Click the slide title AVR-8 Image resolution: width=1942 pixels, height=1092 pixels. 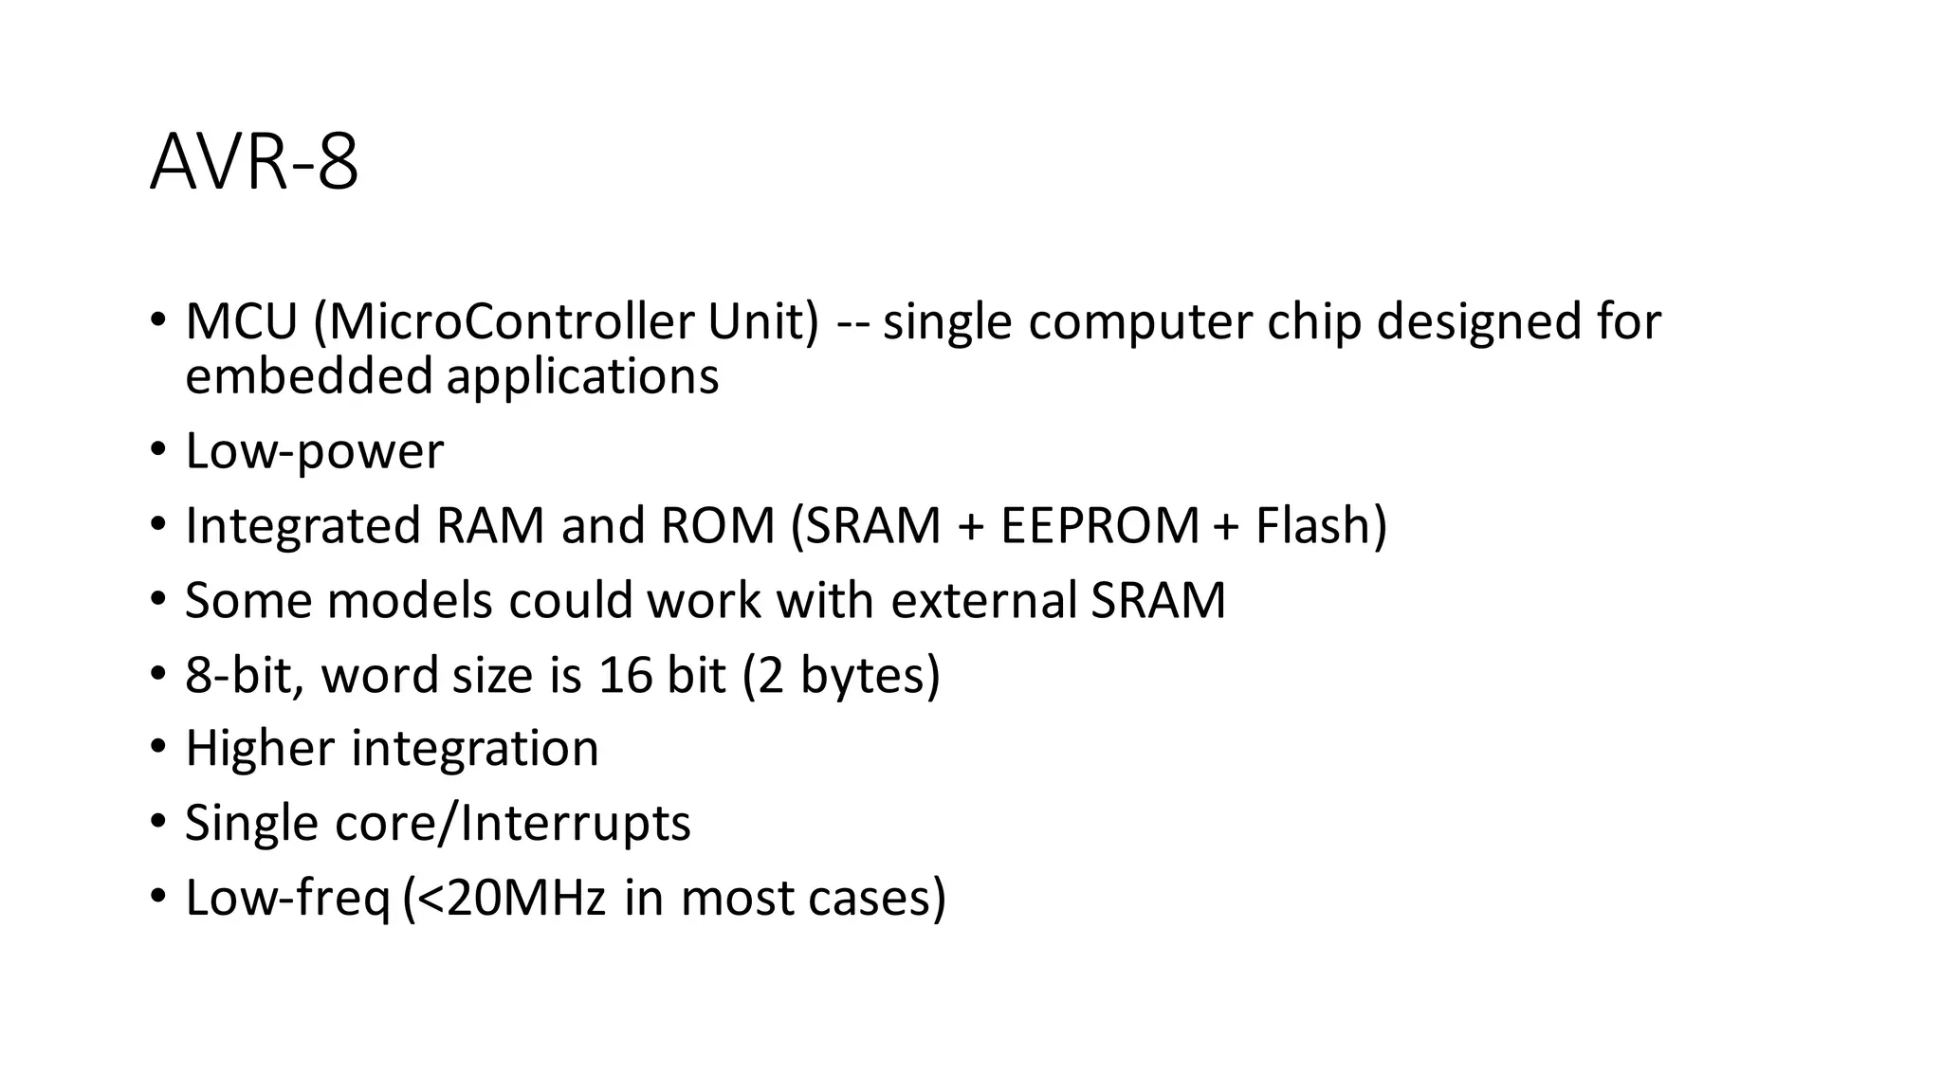pyautogui.click(x=254, y=163)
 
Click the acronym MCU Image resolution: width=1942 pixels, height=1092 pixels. pyautogui.click(x=241, y=321)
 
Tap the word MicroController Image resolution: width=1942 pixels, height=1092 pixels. pyautogui.click(x=511, y=321)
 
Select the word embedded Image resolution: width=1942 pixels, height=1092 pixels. pyautogui.click(x=309, y=375)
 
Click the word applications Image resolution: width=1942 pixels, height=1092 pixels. pyautogui.click(x=582, y=377)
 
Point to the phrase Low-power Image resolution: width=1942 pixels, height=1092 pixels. pyautogui.click(x=314, y=451)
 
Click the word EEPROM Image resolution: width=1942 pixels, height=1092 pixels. pyautogui.click(x=1100, y=526)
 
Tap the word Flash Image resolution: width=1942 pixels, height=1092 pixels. pyautogui.click(x=1313, y=526)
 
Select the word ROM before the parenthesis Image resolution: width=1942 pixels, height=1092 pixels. pyautogui.click(x=718, y=526)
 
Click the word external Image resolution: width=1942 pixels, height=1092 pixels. pyautogui.click(x=983, y=601)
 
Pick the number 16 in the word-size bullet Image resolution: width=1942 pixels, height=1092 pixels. pyautogui.click(x=626, y=675)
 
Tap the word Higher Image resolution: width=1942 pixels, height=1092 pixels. pyautogui.click(x=260, y=749)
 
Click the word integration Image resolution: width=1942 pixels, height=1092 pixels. pyautogui.click(x=475, y=750)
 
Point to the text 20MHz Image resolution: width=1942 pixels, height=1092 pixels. pyautogui.click(x=525, y=898)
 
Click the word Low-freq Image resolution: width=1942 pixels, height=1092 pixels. pyautogui.click(x=287, y=899)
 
